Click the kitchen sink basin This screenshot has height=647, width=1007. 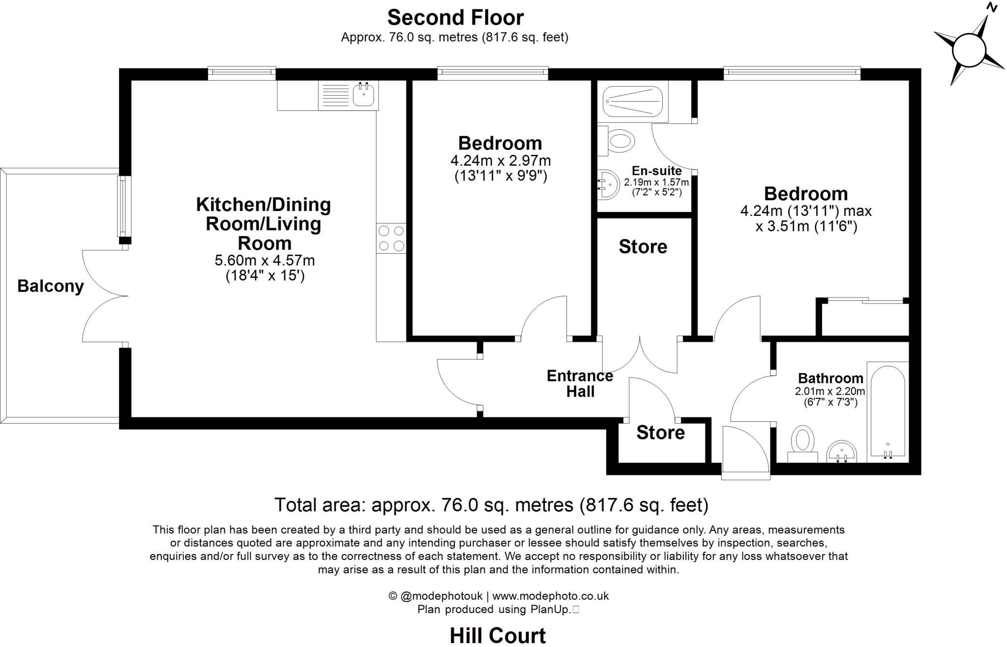364,95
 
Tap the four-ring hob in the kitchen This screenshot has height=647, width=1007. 391,238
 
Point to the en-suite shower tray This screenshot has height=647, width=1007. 633,102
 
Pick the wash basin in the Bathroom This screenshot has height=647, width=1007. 842,451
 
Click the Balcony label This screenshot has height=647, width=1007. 51,286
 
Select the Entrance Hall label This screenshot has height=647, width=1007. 580,383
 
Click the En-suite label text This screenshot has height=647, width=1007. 656,171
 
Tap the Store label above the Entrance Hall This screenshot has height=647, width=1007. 643,246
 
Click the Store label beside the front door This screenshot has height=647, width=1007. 660,433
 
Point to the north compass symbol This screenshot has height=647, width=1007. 969,50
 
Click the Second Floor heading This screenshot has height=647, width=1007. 455,18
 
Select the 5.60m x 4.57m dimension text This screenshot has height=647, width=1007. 265,260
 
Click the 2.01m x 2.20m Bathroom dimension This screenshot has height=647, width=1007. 830,392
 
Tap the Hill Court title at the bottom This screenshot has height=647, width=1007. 498,636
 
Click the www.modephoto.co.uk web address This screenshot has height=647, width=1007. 551,596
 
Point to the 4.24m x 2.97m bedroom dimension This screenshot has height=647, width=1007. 501,161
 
